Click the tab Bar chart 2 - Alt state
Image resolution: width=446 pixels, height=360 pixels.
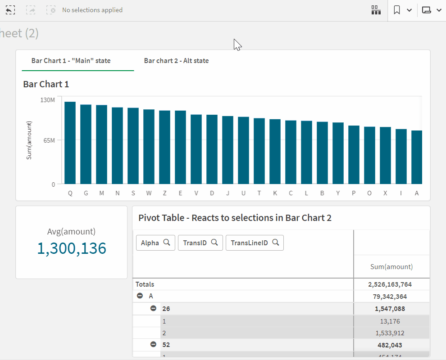point(176,61)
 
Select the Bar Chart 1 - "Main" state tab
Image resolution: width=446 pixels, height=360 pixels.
point(71,61)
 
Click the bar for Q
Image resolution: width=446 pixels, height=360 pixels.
point(70,143)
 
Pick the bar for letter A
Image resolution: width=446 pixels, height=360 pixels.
point(417,157)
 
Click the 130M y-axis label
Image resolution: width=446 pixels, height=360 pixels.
point(47,100)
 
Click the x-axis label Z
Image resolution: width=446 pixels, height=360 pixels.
point(164,193)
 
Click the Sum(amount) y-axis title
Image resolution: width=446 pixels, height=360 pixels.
point(29,140)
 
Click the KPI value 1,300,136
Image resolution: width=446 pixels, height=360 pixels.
point(72,248)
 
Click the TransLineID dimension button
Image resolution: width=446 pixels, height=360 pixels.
point(254,243)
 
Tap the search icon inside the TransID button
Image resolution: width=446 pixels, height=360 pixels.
point(214,242)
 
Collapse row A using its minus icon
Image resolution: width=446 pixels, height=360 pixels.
point(140,296)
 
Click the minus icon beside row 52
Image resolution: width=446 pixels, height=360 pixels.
point(153,344)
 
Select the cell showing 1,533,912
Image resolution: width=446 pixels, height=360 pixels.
point(390,333)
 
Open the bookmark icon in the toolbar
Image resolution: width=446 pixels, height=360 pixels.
point(397,10)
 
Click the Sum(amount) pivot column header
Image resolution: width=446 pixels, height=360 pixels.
point(391,266)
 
